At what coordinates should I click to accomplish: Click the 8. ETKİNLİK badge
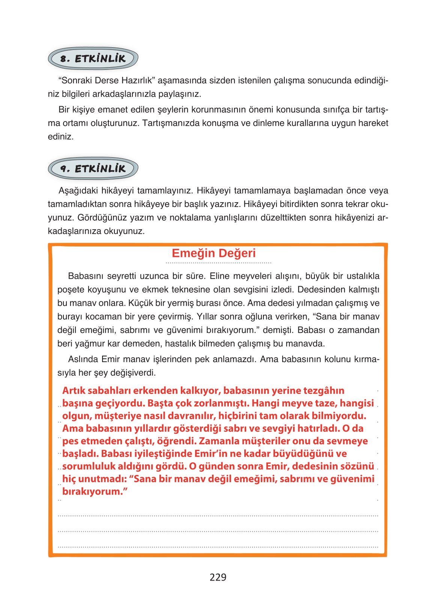coord(93,59)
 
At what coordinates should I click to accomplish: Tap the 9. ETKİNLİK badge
coord(93,168)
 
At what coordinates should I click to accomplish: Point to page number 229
coord(218,577)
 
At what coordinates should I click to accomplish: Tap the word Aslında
coord(83,359)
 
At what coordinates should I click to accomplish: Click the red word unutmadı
coord(99,479)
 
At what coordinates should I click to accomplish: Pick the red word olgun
coord(77,416)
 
